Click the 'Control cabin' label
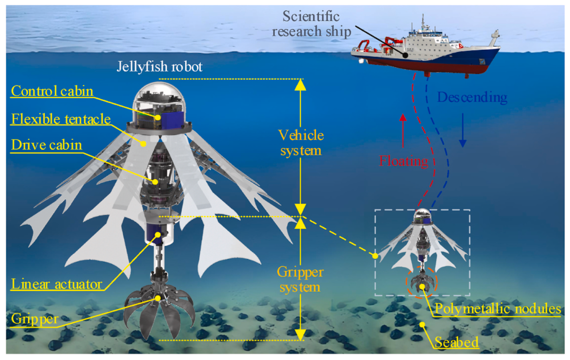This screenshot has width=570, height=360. tap(52, 91)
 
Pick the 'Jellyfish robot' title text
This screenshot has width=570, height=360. tap(160, 67)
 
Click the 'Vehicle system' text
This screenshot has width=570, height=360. tap(301, 142)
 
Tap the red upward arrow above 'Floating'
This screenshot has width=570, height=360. tap(403, 131)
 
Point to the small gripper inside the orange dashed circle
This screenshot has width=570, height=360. tap(421, 283)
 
